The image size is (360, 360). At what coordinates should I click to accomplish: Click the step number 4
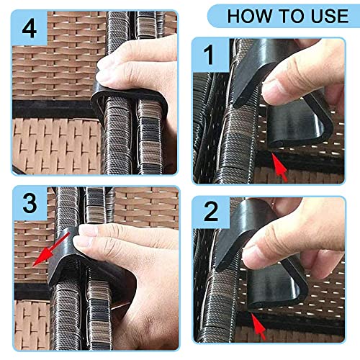[x=30, y=29]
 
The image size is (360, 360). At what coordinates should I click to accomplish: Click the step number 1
[x=210, y=55]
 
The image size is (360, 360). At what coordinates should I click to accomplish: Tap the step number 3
[x=30, y=203]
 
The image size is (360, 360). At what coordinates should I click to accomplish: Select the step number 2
[x=211, y=211]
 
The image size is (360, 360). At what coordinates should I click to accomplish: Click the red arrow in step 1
[x=279, y=167]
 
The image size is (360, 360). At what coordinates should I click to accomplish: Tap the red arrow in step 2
[x=258, y=326]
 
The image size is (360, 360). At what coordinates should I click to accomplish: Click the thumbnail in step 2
[x=251, y=257]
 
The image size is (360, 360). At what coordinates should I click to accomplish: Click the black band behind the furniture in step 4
[x=52, y=109]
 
